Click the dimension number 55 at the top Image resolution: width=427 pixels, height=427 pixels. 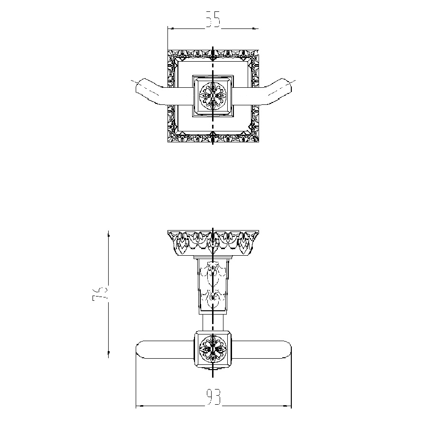point(213,19)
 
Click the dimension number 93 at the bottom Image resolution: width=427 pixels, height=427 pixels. point(213,397)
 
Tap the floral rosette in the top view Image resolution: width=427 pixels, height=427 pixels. point(213,96)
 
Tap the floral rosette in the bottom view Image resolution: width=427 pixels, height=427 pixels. point(213,349)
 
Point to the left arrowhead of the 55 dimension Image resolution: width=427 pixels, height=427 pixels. point(170,28)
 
